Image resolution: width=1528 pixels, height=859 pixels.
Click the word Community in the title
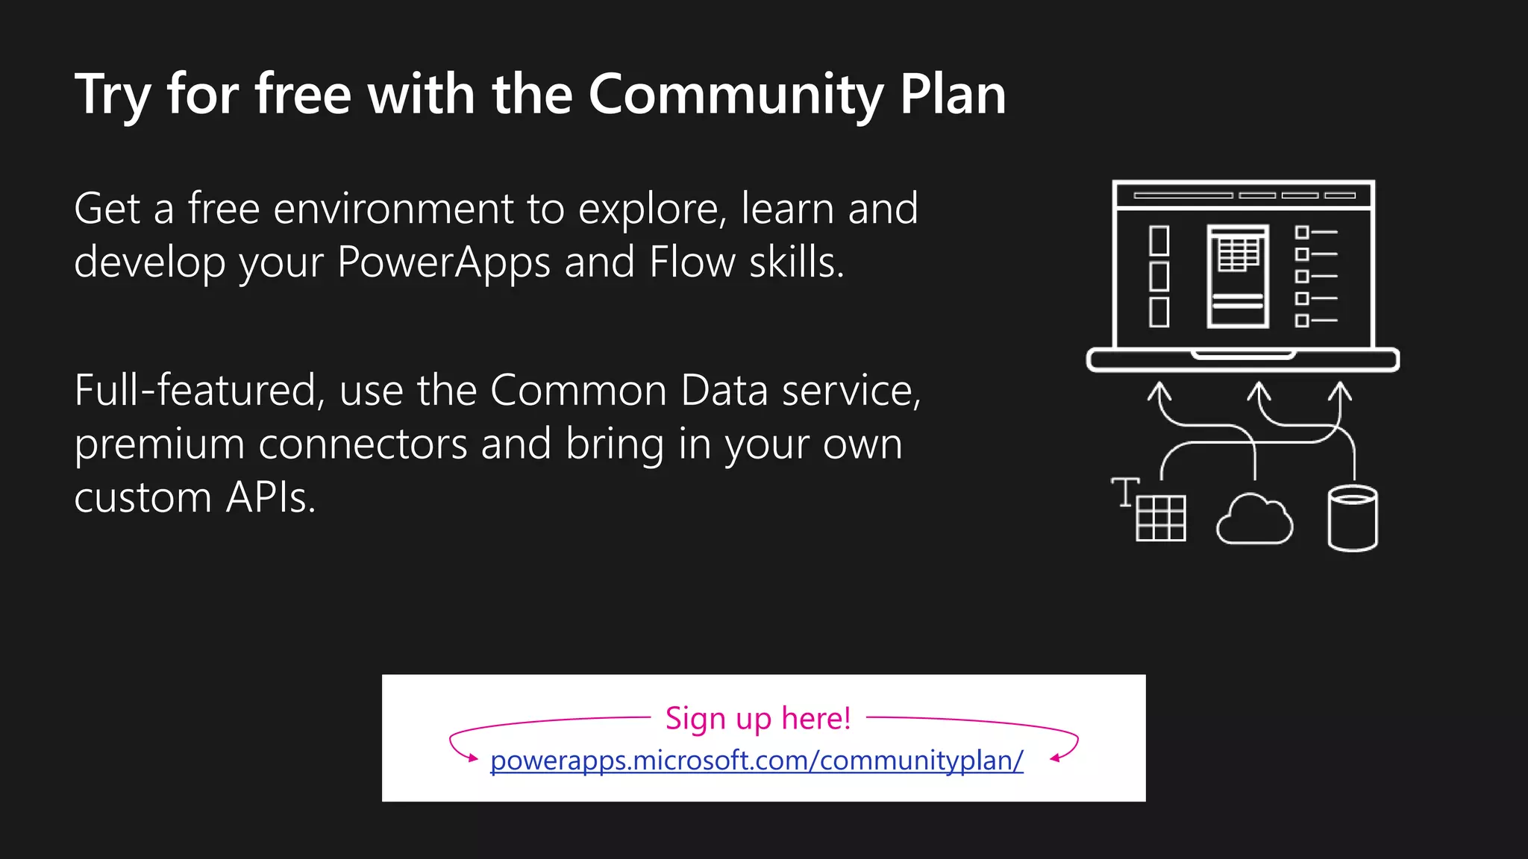(x=735, y=95)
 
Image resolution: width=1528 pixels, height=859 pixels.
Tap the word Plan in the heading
(x=953, y=95)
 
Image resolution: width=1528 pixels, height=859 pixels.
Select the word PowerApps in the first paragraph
(x=443, y=262)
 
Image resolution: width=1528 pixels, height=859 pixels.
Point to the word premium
(x=159, y=445)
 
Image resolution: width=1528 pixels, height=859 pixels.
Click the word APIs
(x=270, y=497)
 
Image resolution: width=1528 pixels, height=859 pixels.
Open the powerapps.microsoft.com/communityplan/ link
(x=757, y=761)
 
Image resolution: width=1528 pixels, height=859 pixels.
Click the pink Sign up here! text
(x=758, y=718)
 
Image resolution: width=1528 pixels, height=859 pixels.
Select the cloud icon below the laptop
(x=1254, y=520)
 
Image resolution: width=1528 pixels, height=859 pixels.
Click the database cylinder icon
(x=1353, y=518)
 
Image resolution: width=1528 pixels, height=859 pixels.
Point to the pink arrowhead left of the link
(x=472, y=758)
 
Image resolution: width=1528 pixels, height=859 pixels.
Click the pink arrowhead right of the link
(x=1055, y=758)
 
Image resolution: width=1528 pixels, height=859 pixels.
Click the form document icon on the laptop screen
(x=1238, y=276)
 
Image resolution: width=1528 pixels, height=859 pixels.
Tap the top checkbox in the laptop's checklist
(x=1302, y=233)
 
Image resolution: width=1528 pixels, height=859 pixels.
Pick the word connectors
(x=363, y=445)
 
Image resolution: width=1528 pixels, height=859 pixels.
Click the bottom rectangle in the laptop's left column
(x=1159, y=312)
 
